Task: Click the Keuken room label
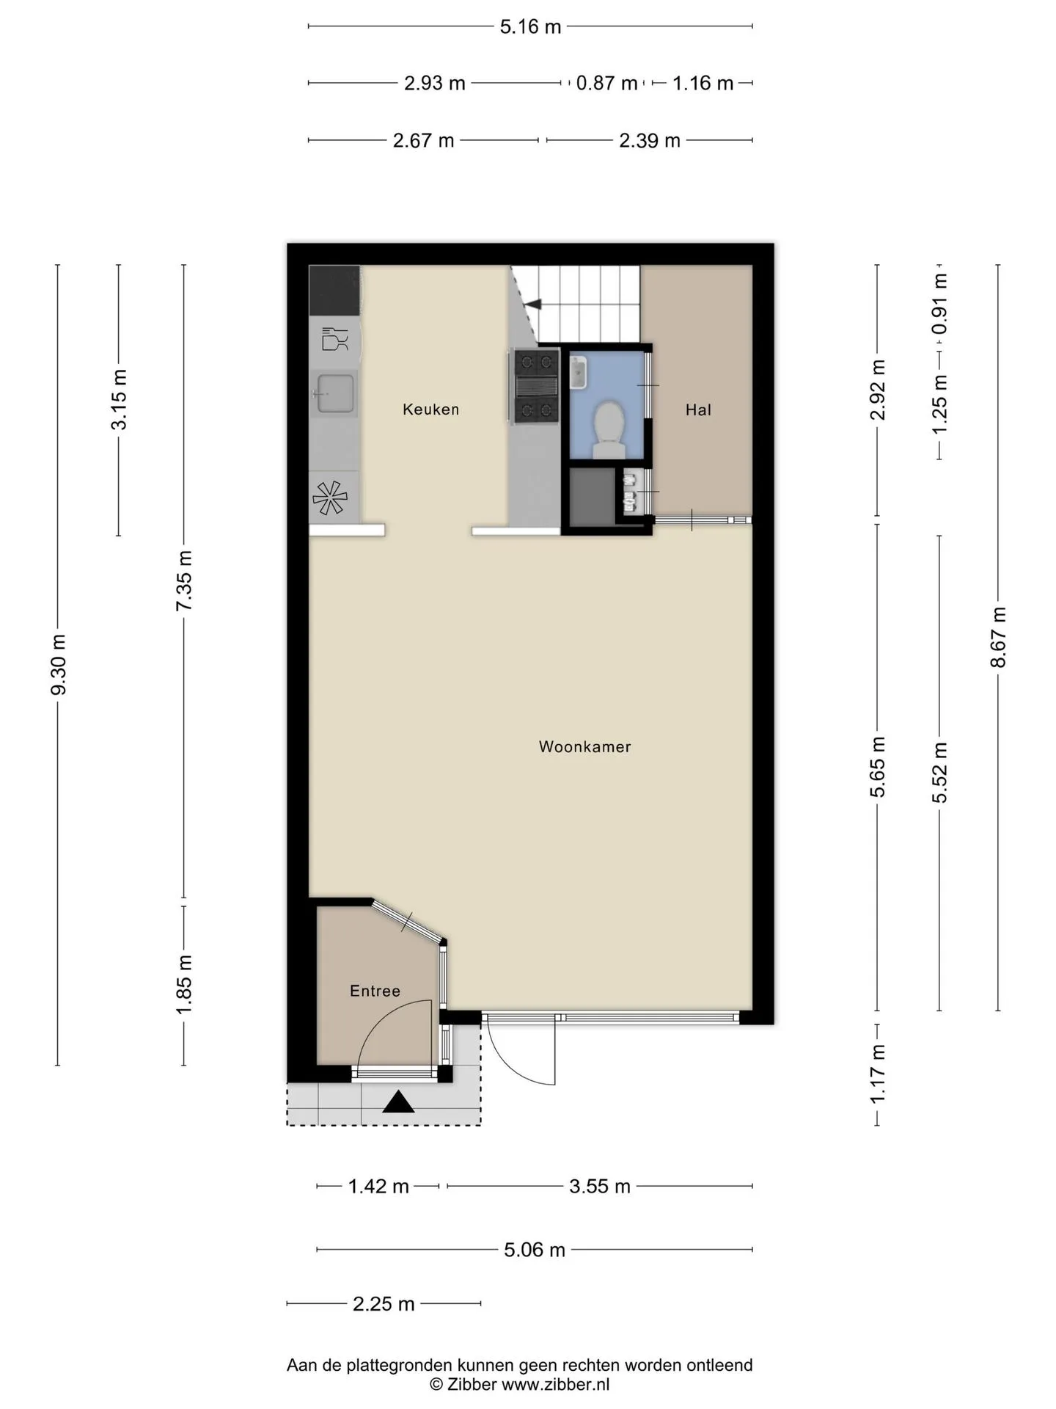coord(430,409)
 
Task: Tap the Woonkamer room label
coord(584,746)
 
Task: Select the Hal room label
coord(698,409)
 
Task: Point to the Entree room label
coord(375,991)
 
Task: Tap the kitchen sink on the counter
coord(336,393)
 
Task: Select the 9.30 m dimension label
coord(59,665)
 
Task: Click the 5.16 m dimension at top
coord(530,26)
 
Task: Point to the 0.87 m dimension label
coord(606,83)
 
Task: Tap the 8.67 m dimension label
coord(998,637)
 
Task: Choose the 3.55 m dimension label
coord(600,1187)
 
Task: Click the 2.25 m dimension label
coord(384,1304)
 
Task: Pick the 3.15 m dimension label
coord(119,400)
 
